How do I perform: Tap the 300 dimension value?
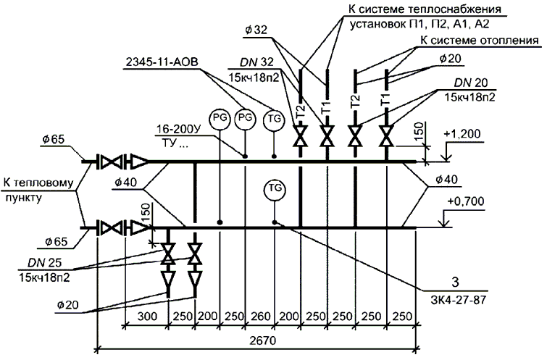[x=148, y=317]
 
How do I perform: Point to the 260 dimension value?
[x=259, y=317]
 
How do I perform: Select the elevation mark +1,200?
[x=464, y=135]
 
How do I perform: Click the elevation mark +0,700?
[x=464, y=201]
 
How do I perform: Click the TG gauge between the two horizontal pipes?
[x=274, y=188]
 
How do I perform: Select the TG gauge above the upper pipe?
[x=274, y=117]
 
